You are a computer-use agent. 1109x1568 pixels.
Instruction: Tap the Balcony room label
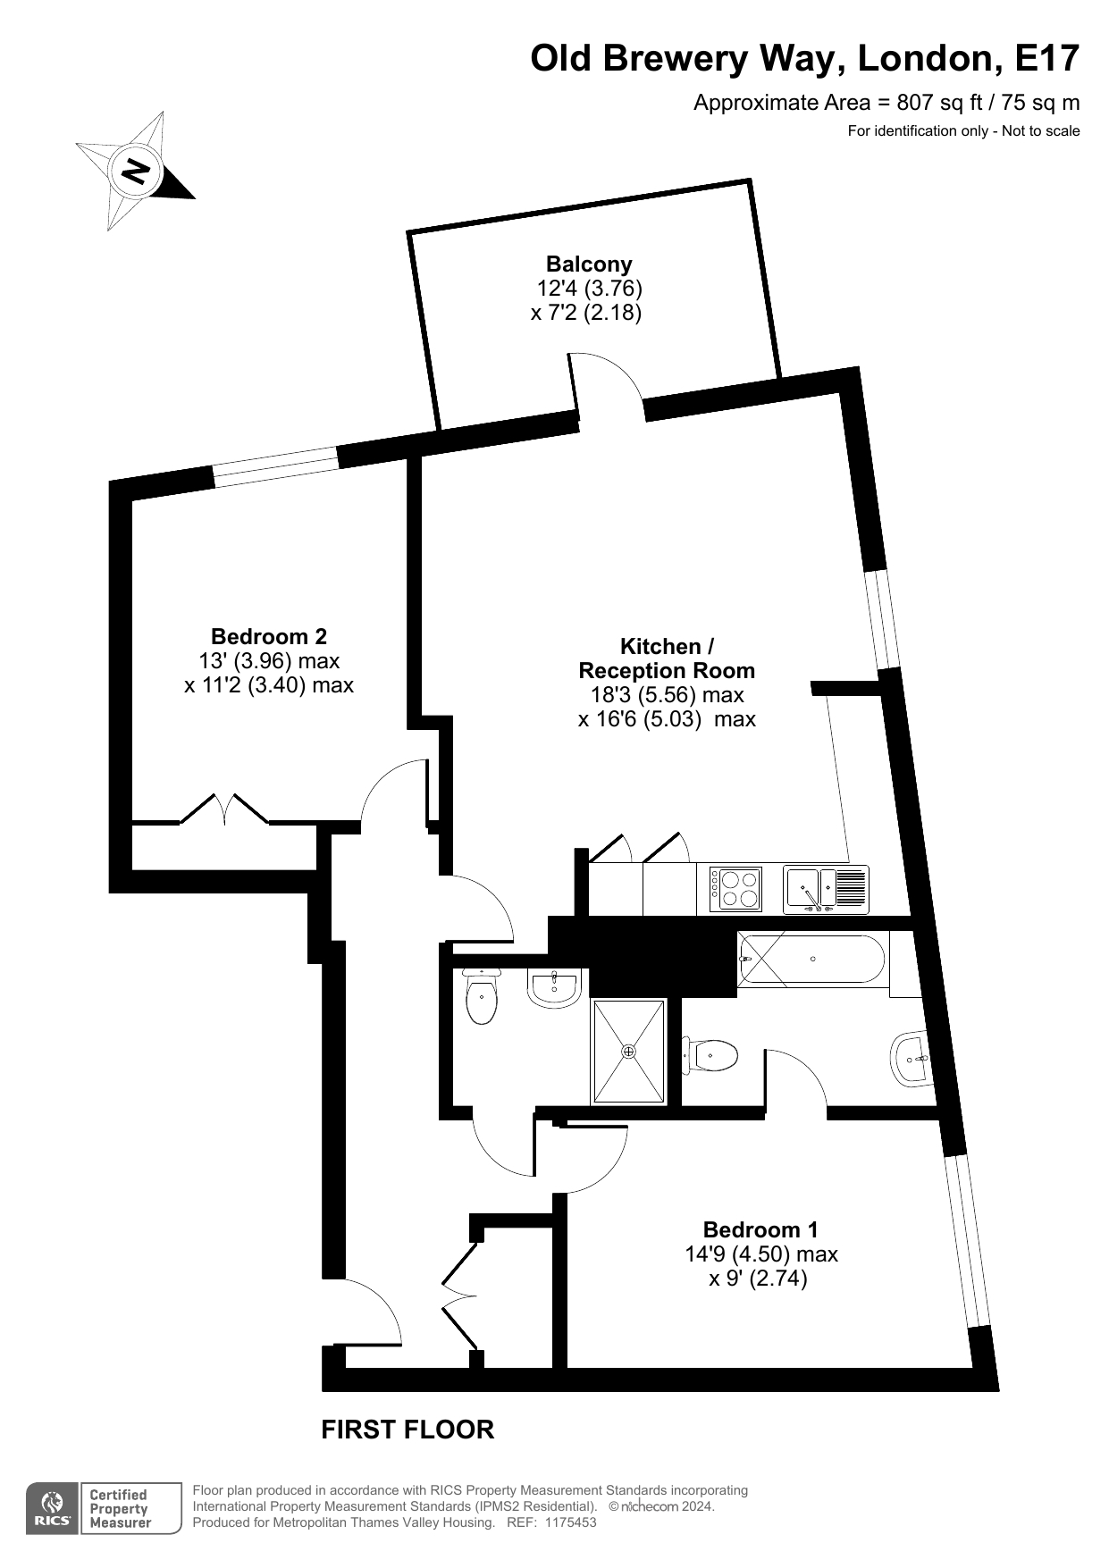(x=589, y=264)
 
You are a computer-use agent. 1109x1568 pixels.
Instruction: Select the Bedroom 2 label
(x=269, y=637)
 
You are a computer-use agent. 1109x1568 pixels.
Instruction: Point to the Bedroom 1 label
(x=760, y=1230)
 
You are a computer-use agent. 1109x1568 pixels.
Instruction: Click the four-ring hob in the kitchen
(x=736, y=889)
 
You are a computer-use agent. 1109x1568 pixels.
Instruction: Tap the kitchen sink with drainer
(x=826, y=889)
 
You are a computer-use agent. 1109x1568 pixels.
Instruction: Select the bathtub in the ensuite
(x=812, y=960)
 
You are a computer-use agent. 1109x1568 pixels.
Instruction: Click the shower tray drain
(x=629, y=1051)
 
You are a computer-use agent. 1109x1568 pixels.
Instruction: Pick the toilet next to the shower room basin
(x=482, y=997)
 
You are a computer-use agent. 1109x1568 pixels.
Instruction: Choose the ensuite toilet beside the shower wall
(x=710, y=1055)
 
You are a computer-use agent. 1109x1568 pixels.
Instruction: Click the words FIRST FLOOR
(x=407, y=1430)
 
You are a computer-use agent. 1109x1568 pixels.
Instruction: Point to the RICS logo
(x=53, y=1509)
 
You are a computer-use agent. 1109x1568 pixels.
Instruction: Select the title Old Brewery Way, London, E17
(x=805, y=59)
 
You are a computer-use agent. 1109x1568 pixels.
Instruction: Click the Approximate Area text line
(x=886, y=103)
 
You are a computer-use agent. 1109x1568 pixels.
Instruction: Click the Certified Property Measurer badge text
(x=120, y=1509)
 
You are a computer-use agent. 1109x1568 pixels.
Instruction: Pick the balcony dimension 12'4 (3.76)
(x=590, y=289)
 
